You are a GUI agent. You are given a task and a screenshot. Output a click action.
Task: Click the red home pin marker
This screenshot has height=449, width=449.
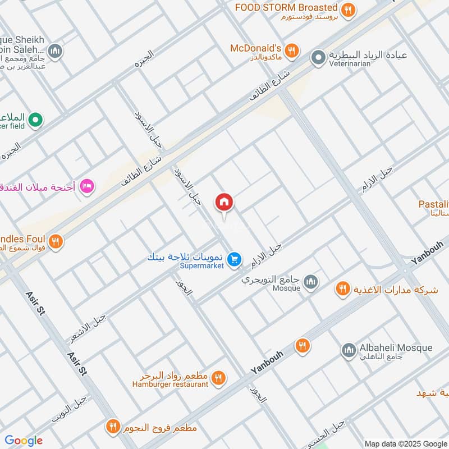tap(224, 203)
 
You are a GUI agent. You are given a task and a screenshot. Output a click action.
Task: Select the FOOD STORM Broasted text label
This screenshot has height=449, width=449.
tap(286, 8)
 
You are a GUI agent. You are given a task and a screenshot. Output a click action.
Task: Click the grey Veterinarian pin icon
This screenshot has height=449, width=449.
tap(318, 57)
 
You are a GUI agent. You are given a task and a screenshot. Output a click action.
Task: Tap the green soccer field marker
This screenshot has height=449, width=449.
tap(35, 119)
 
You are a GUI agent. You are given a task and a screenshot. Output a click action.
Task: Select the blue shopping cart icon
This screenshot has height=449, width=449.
tap(235, 259)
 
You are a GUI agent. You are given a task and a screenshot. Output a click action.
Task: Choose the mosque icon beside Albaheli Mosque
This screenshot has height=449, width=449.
tap(349, 351)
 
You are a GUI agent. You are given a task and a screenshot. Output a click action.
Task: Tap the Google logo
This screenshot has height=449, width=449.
tap(23, 440)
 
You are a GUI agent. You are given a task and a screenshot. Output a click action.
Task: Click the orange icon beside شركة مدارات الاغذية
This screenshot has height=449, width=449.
tap(342, 289)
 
